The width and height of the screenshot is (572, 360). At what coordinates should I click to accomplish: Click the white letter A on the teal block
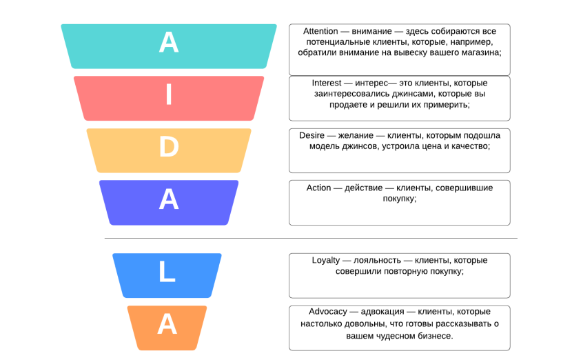169,42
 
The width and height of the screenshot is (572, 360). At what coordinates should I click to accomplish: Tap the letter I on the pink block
169,94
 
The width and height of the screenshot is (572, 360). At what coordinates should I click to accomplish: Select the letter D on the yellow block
169,147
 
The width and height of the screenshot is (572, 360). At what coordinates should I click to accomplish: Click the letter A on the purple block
169,199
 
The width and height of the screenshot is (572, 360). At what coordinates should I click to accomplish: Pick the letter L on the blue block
167,271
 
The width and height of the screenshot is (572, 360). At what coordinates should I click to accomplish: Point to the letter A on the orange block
167,324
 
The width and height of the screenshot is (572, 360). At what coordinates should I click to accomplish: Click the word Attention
320,31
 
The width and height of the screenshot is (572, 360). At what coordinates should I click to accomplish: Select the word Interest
327,83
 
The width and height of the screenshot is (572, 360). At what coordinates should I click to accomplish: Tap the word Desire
311,135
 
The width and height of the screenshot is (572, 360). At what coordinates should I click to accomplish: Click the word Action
318,188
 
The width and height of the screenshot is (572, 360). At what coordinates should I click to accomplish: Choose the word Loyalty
326,260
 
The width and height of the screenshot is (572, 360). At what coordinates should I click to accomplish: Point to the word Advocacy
328,312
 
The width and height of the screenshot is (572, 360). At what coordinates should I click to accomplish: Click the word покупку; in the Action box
400,199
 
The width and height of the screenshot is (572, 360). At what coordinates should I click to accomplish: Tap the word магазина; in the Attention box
483,52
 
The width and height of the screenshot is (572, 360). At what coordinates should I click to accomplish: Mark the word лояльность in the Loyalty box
377,260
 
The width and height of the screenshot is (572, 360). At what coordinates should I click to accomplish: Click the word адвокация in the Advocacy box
382,312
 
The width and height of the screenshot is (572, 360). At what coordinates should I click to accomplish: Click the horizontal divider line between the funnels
311,238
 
